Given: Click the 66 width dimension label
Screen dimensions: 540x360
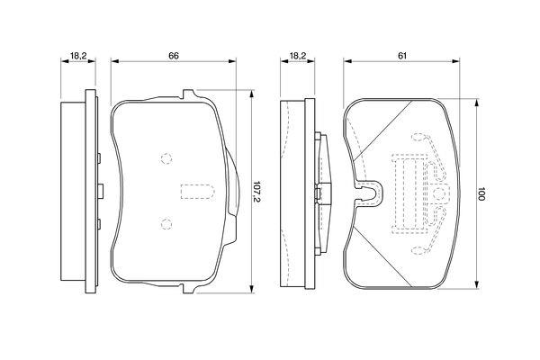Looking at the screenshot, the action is [x=174, y=56].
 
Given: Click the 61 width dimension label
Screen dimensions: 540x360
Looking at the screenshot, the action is [x=402, y=56].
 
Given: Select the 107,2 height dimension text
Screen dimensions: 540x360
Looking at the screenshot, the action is [x=256, y=192].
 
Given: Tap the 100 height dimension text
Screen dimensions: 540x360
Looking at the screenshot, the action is [x=481, y=194].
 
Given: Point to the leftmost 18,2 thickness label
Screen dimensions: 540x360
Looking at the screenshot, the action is [x=78, y=56].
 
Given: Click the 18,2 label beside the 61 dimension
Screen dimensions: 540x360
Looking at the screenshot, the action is [x=298, y=56].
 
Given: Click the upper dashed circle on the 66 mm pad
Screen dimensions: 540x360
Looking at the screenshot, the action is [x=166, y=158].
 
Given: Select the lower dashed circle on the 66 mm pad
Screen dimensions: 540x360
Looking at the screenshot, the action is [x=166, y=224].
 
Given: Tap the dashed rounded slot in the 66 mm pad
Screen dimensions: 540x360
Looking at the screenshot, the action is [x=197, y=192].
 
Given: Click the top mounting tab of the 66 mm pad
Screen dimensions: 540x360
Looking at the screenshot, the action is [x=189, y=94].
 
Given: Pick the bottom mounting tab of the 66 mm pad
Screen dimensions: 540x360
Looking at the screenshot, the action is [x=189, y=289].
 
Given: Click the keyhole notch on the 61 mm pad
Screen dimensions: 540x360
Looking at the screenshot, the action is [x=368, y=193].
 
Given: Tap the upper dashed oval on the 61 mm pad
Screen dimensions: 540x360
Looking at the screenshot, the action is [x=418, y=137].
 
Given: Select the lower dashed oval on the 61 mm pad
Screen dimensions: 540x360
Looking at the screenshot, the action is [x=418, y=250].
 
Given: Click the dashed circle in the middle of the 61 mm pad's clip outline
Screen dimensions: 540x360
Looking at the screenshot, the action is [x=439, y=194].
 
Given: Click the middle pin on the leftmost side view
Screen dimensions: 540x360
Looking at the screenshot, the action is [x=101, y=191].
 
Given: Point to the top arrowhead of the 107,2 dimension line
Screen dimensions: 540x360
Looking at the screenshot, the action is [x=252, y=94].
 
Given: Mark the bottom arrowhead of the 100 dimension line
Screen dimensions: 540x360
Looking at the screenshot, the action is [x=477, y=284].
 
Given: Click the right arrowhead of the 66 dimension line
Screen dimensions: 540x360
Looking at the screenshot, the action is [x=232, y=61].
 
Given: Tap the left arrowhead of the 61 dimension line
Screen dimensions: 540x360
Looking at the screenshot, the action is [x=347, y=61].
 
